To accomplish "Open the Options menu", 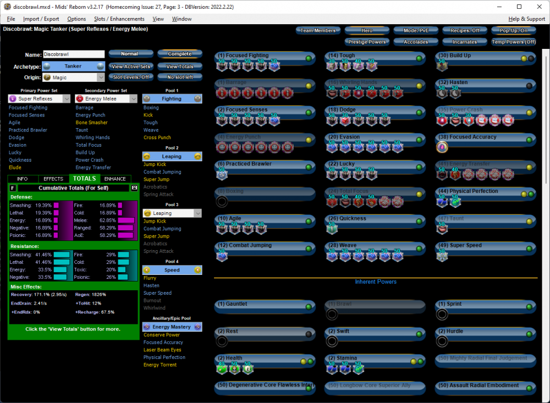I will coord(76,19).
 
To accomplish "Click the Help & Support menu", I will coord(526,19).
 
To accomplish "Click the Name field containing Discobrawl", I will coord(73,54).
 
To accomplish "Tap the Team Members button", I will coord(318,31).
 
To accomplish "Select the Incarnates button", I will coord(465,42).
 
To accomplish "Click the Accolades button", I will coord(416,42).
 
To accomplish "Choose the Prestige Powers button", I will coord(367,42).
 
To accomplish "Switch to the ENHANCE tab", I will coord(115,179).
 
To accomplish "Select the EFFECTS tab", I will coord(53,179).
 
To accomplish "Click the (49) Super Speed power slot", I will coord(485,246).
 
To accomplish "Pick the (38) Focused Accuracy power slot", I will coord(485,137).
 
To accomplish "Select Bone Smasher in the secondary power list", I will coord(91,123).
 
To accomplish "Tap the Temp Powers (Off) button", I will coord(514,42).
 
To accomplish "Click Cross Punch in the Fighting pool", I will coord(157,137).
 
